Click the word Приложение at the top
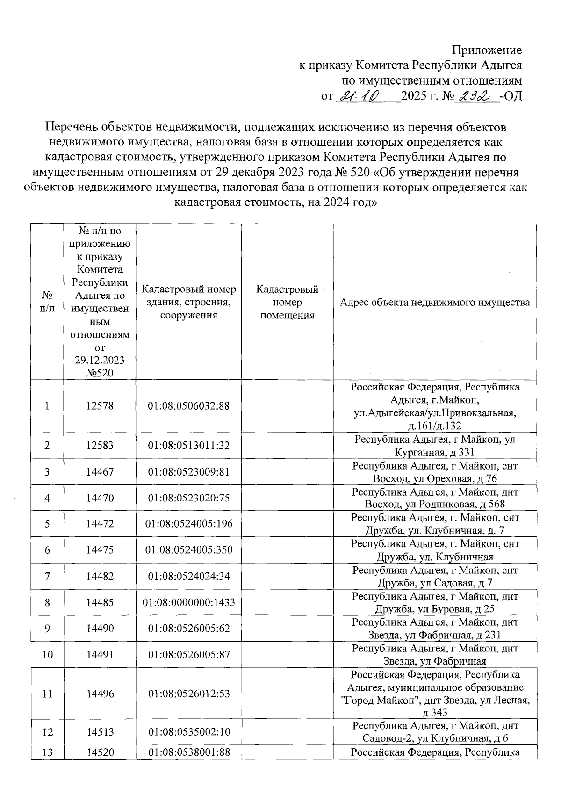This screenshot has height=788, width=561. (x=487, y=50)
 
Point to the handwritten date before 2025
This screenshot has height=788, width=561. (x=360, y=96)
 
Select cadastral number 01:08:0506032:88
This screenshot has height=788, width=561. (x=188, y=406)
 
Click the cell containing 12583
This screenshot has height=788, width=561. (x=100, y=445)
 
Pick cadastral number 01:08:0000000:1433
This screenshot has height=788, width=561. (x=188, y=602)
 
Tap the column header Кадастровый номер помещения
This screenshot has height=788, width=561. (x=287, y=302)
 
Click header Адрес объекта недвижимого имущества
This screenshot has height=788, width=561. (x=435, y=302)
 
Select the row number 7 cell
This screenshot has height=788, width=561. (x=47, y=576)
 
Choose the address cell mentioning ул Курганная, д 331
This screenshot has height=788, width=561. (x=435, y=446)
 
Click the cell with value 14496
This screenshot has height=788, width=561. (x=100, y=694)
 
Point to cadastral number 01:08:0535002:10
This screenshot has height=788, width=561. (x=188, y=732)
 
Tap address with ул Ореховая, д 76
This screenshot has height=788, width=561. (x=435, y=472)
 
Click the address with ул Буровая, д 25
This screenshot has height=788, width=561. (x=435, y=602)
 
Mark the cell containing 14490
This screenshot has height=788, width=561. (x=100, y=629)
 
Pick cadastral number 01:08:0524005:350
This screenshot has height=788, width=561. (x=188, y=550)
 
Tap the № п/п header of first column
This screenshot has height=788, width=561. (x=47, y=302)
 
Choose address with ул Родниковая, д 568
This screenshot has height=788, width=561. (x=435, y=498)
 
